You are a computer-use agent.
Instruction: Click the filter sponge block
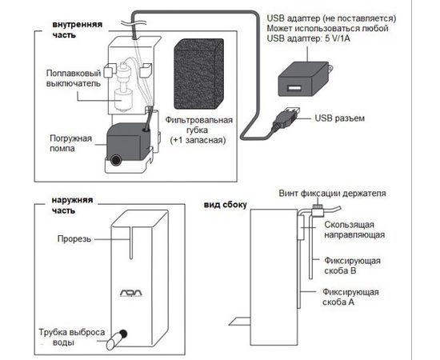(x=198, y=74)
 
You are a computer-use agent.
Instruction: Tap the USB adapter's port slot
(x=294, y=88)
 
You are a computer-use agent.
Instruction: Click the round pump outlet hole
(x=115, y=160)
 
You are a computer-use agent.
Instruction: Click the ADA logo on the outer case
(x=131, y=294)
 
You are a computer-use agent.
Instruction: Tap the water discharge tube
(x=117, y=339)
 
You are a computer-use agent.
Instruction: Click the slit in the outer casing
(x=130, y=242)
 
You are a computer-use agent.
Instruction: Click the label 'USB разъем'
(x=339, y=118)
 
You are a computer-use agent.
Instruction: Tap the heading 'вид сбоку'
(x=225, y=205)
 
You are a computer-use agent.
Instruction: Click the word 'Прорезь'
(x=74, y=238)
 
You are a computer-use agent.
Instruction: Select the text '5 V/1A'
(x=338, y=38)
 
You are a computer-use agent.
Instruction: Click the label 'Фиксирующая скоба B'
(x=352, y=266)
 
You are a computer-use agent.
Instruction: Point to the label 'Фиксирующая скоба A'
(x=350, y=297)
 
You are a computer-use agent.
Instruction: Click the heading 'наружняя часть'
(x=72, y=205)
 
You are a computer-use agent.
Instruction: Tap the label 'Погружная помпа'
(x=70, y=143)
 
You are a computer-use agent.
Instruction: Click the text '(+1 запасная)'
(x=198, y=140)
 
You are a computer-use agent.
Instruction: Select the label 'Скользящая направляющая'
(x=354, y=230)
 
